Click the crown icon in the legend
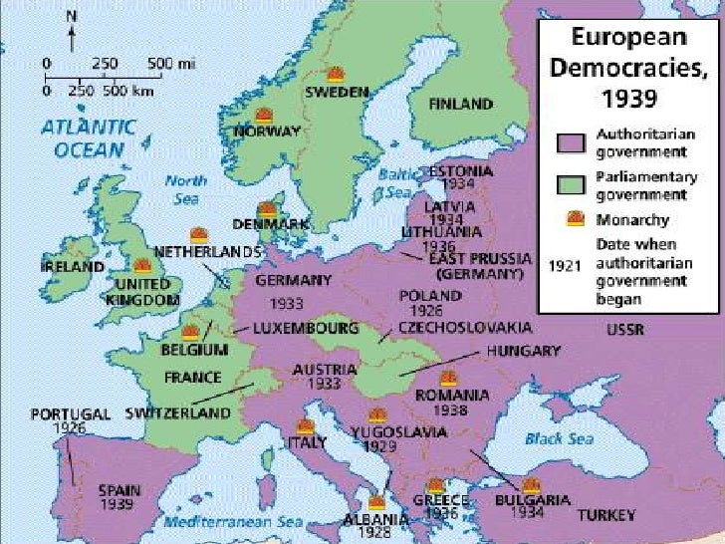(x=575, y=218)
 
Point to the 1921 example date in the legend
(x=565, y=266)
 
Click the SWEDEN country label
(x=337, y=91)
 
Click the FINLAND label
(x=460, y=104)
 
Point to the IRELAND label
(x=72, y=268)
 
